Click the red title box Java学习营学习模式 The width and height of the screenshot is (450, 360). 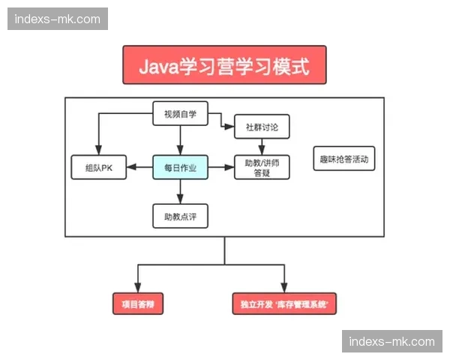pos(224,65)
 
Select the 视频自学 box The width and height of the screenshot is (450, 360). pos(179,114)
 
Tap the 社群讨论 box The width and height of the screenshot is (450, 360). pos(262,127)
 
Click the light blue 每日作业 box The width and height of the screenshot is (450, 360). pos(180,167)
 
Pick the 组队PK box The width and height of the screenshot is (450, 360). pos(98,167)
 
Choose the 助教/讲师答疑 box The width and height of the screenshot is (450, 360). pos(262,167)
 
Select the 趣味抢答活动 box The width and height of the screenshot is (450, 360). pos(343,159)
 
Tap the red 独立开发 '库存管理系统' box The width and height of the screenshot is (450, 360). pos(284,304)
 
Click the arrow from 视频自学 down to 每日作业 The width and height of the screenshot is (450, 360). pos(180,139)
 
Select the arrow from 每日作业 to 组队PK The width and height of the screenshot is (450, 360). pos(139,167)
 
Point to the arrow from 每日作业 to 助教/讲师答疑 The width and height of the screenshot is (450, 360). pos(221,167)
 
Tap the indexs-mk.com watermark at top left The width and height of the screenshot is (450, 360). pos(57,19)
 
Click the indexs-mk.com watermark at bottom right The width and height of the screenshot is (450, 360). pos(392,341)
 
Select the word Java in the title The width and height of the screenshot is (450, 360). pos(158,65)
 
